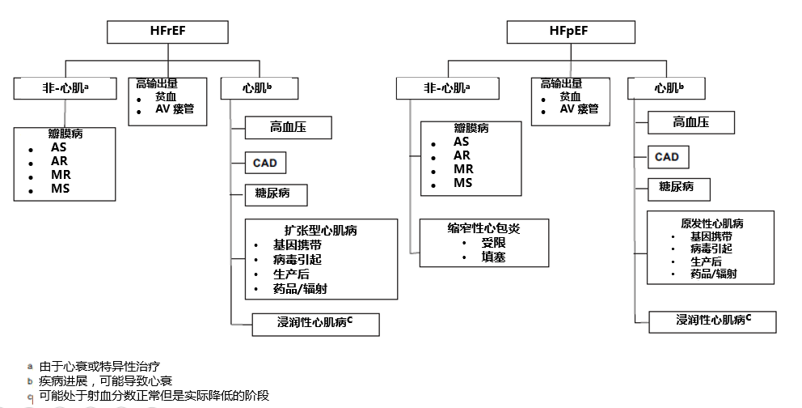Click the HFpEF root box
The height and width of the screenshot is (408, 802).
(x=568, y=32)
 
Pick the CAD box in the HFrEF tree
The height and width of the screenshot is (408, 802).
(x=264, y=163)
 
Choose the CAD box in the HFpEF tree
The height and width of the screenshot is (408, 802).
(x=667, y=156)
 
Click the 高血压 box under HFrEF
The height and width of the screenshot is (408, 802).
(x=288, y=126)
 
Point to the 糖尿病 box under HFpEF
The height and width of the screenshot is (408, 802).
(x=677, y=187)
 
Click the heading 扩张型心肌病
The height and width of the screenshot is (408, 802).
(x=321, y=230)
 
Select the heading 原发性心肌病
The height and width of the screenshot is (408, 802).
(x=711, y=223)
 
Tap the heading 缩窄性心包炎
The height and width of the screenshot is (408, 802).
(x=483, y=229)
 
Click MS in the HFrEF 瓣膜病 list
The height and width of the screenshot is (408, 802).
(x=60, y=189)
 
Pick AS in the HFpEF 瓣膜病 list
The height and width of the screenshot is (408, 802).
(x=462, y=142)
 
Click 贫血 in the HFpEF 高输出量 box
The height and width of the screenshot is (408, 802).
(x=570, y=96)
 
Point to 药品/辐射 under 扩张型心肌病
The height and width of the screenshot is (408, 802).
(x=300, y=288)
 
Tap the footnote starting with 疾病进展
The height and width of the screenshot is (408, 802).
(x=105, y=380)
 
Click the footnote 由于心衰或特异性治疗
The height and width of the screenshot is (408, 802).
(x=105, y=367)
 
